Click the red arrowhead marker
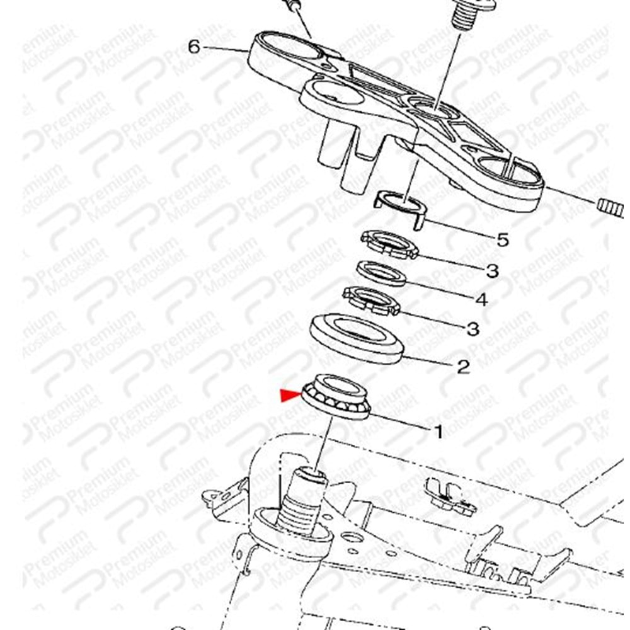click(x=290, y=396)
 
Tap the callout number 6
click(x=194, y=47)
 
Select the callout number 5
click(x=503, y=240)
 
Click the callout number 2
click(x=463, y=367)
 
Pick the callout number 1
click(x=438, y=432)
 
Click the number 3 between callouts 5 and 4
click(x=492, y=271)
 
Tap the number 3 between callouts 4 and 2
click(x=473, y=329)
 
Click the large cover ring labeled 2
click(x=357, y=339)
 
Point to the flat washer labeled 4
click(x=382, y=273)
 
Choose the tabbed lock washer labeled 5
click(x=400, y=209)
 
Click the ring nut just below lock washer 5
click(x=389, y=245)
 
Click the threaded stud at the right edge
click(x=610, y=208)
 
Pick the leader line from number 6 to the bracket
click(x=225, y=49)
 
